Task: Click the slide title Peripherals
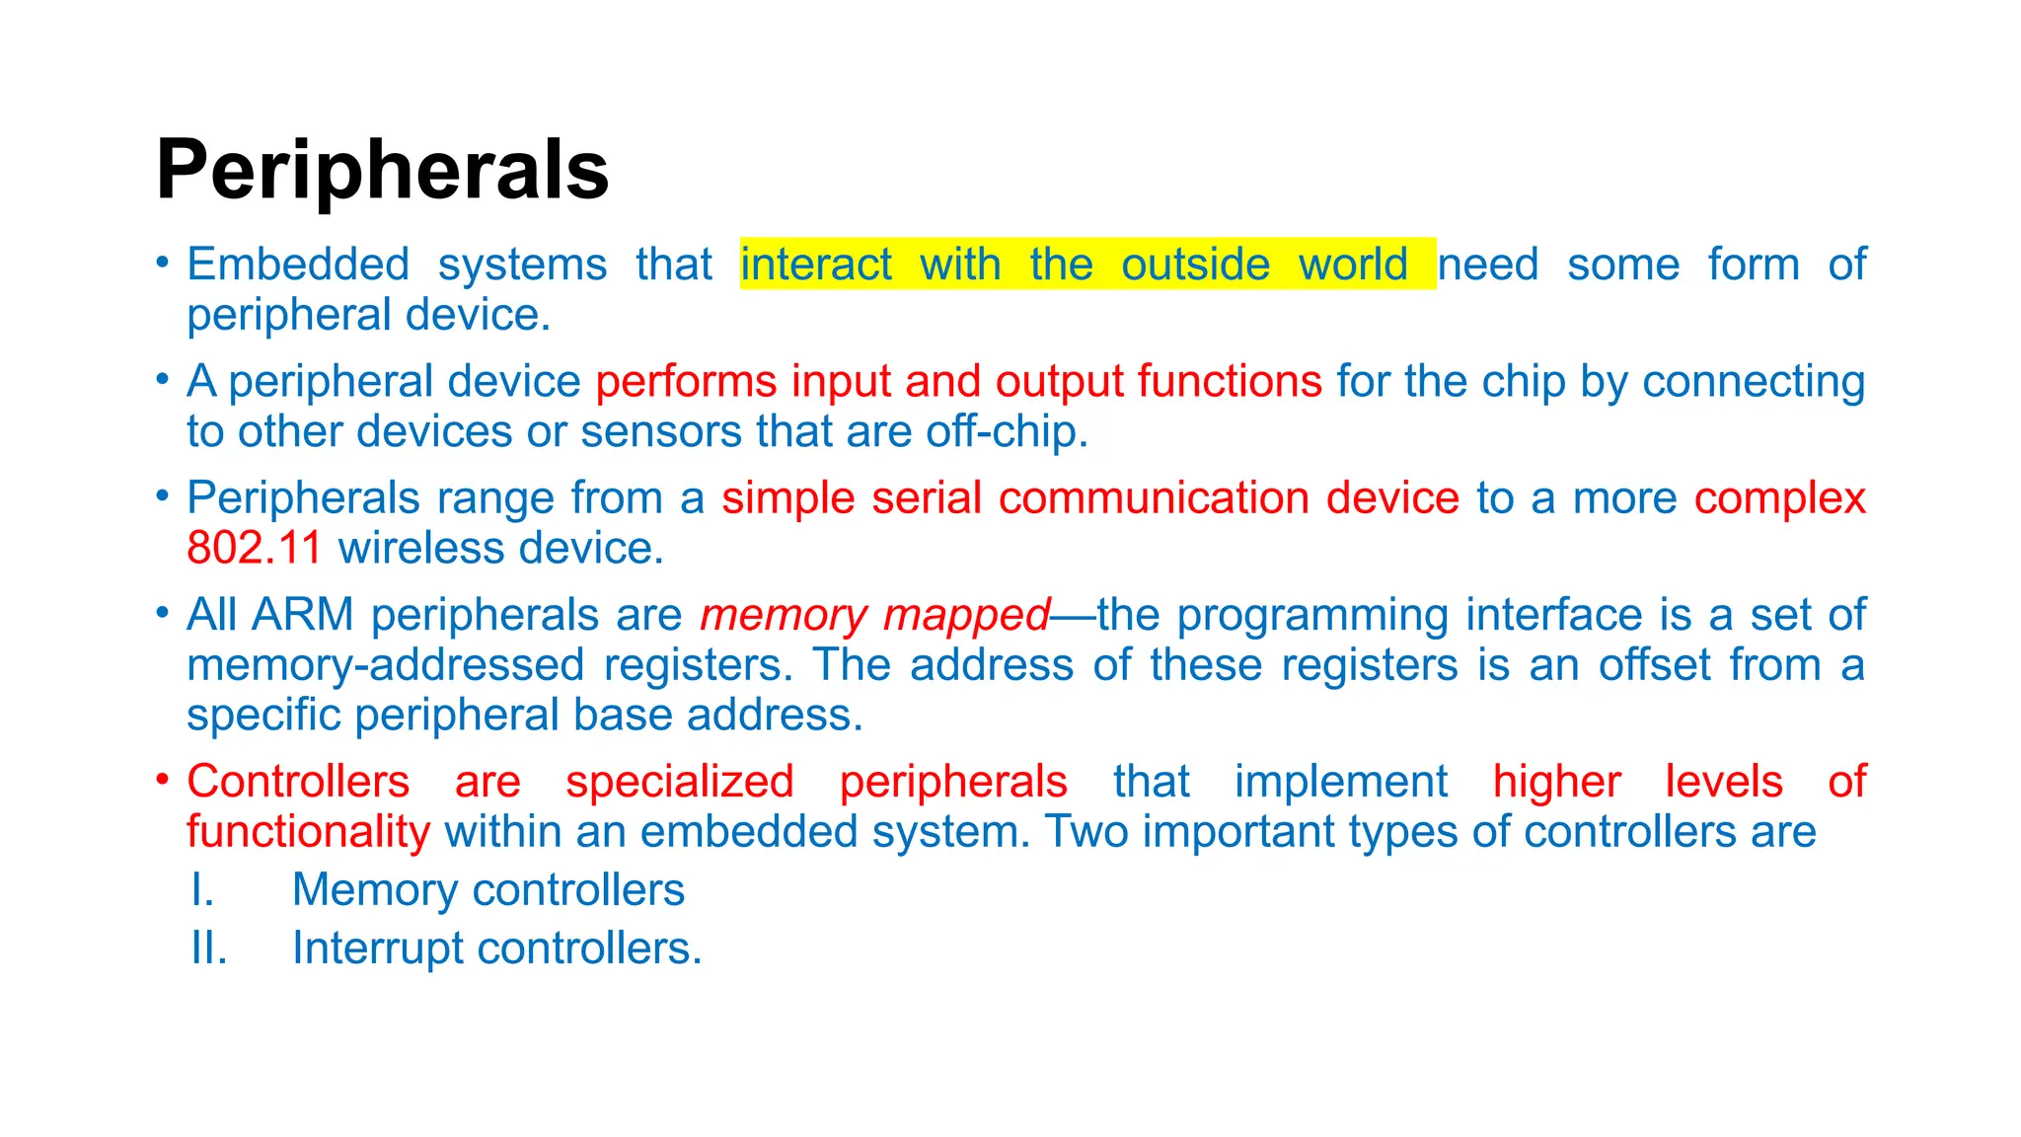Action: (382, 171)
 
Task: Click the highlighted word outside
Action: (1195, 265)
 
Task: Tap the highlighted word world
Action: (1352, 265)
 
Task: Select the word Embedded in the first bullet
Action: (298, 265)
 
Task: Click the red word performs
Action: (686, 382)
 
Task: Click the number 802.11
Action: (255, 549)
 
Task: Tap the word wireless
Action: (421, 549)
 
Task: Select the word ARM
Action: (302, 615)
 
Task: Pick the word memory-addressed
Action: (386, 665)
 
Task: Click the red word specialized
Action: (680, 782)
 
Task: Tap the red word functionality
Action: (308, 832)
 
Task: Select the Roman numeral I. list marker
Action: (203, 890)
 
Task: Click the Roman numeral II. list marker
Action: (209, 948)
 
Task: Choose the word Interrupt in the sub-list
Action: (377, 948)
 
